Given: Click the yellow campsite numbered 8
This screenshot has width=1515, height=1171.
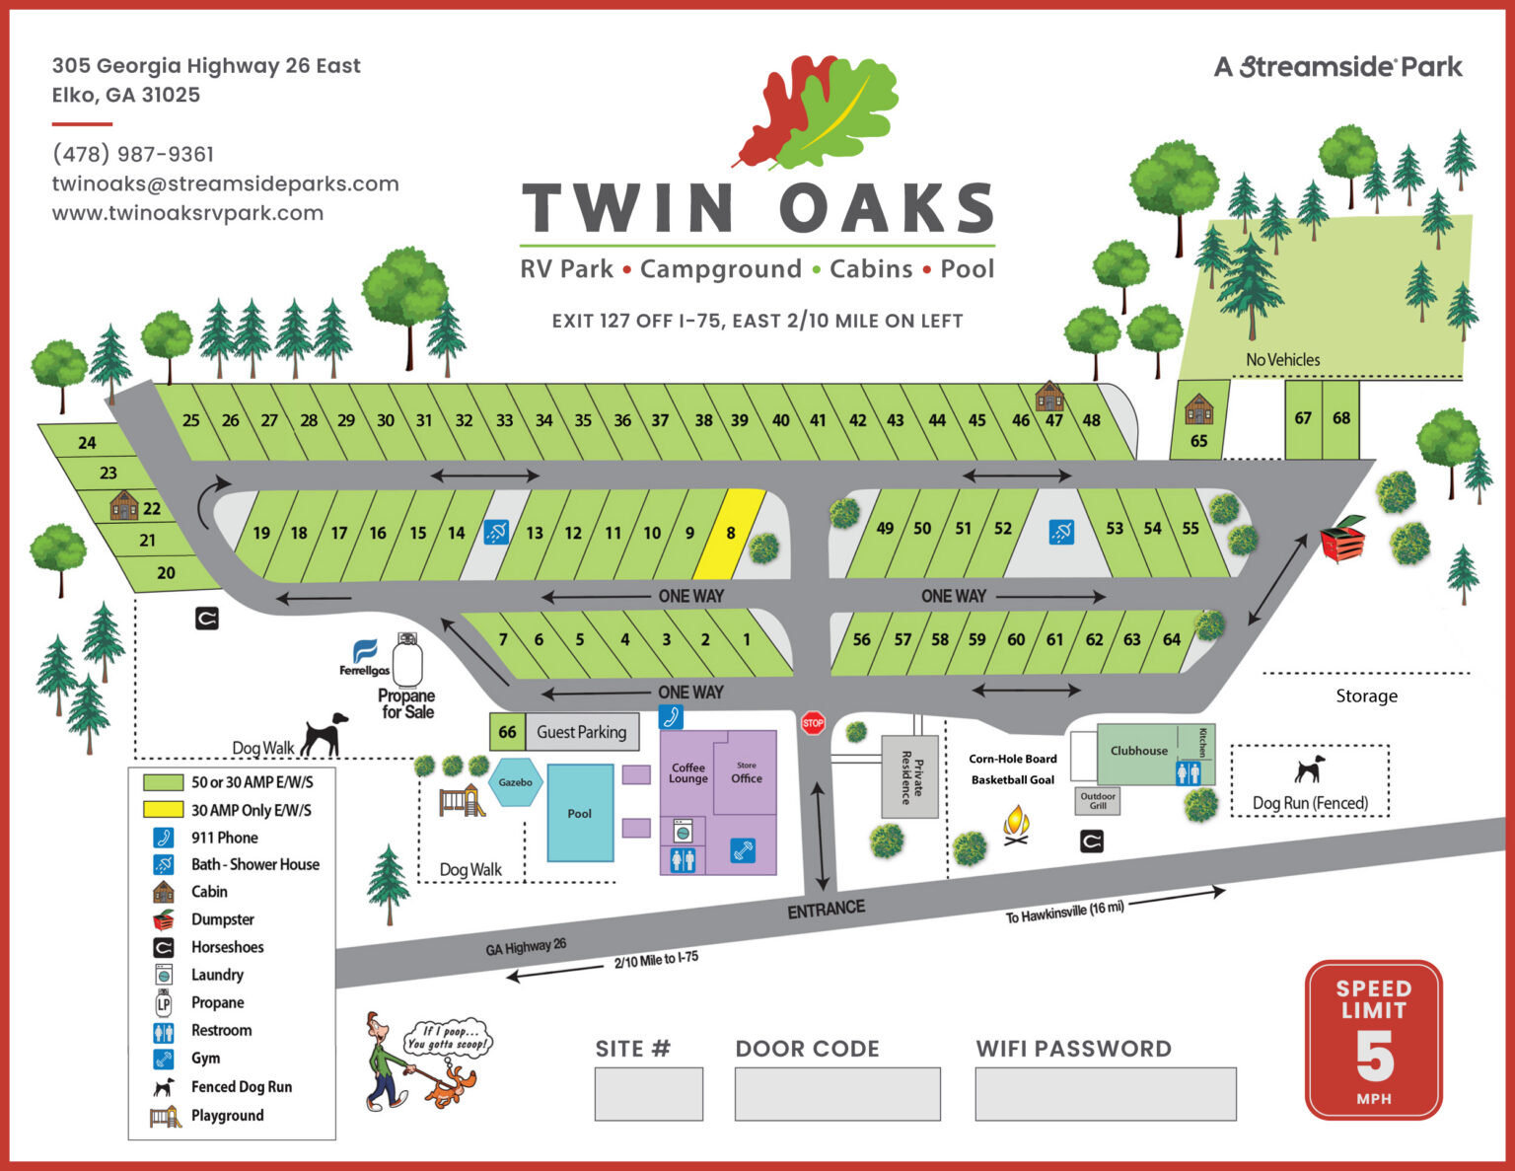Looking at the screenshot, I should click(x=731, y=533).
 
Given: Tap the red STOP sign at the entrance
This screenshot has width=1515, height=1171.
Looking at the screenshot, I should click(x=813, y=724).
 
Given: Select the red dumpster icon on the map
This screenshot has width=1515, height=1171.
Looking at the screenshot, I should click(x=1343, y=539).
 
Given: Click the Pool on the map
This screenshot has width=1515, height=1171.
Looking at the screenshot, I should click(x=580, y=814).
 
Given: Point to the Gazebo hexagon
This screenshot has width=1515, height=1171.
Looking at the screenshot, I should click(x=515, y=782).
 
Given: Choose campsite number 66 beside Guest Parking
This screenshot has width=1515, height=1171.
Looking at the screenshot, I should click(x=507, y=732).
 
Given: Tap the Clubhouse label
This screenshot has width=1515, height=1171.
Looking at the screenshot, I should click(x=1138, y=751).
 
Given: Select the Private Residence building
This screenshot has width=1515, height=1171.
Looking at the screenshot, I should click(x=909, y=776).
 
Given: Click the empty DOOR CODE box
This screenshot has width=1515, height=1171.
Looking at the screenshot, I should click(x=837, y=1094).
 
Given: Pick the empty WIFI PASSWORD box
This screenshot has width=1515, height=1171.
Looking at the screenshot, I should click(x=1105, y=1094).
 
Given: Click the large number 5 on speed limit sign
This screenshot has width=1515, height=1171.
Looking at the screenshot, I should click(x=1374, y=1057).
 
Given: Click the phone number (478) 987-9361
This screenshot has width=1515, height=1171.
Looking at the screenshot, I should click(x=133, y=154).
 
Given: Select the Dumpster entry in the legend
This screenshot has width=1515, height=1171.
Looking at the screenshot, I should click(x=222, y=919).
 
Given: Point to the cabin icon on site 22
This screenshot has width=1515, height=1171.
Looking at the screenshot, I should click(x=124, y=505).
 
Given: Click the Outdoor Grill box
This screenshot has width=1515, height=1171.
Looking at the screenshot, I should click(x=1097, y=800).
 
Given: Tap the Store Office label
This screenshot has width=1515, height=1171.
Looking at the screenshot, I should click(x=747, y=774).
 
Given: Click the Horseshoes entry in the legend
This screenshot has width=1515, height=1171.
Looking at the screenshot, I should click(x=227, y=947).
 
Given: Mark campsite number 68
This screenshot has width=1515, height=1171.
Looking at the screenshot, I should click(x=1341, y=418).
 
